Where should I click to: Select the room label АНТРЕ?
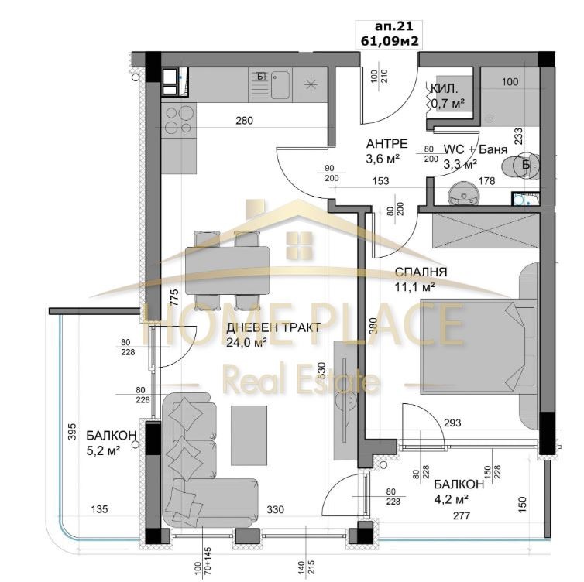pos(382,144)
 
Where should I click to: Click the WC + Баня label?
pos(470,150)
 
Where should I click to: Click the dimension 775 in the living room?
pos(174,298)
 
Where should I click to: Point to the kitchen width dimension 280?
pos(246,121)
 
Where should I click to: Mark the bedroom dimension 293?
pos(453,423)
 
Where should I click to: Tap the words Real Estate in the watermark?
pos(301,382)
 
